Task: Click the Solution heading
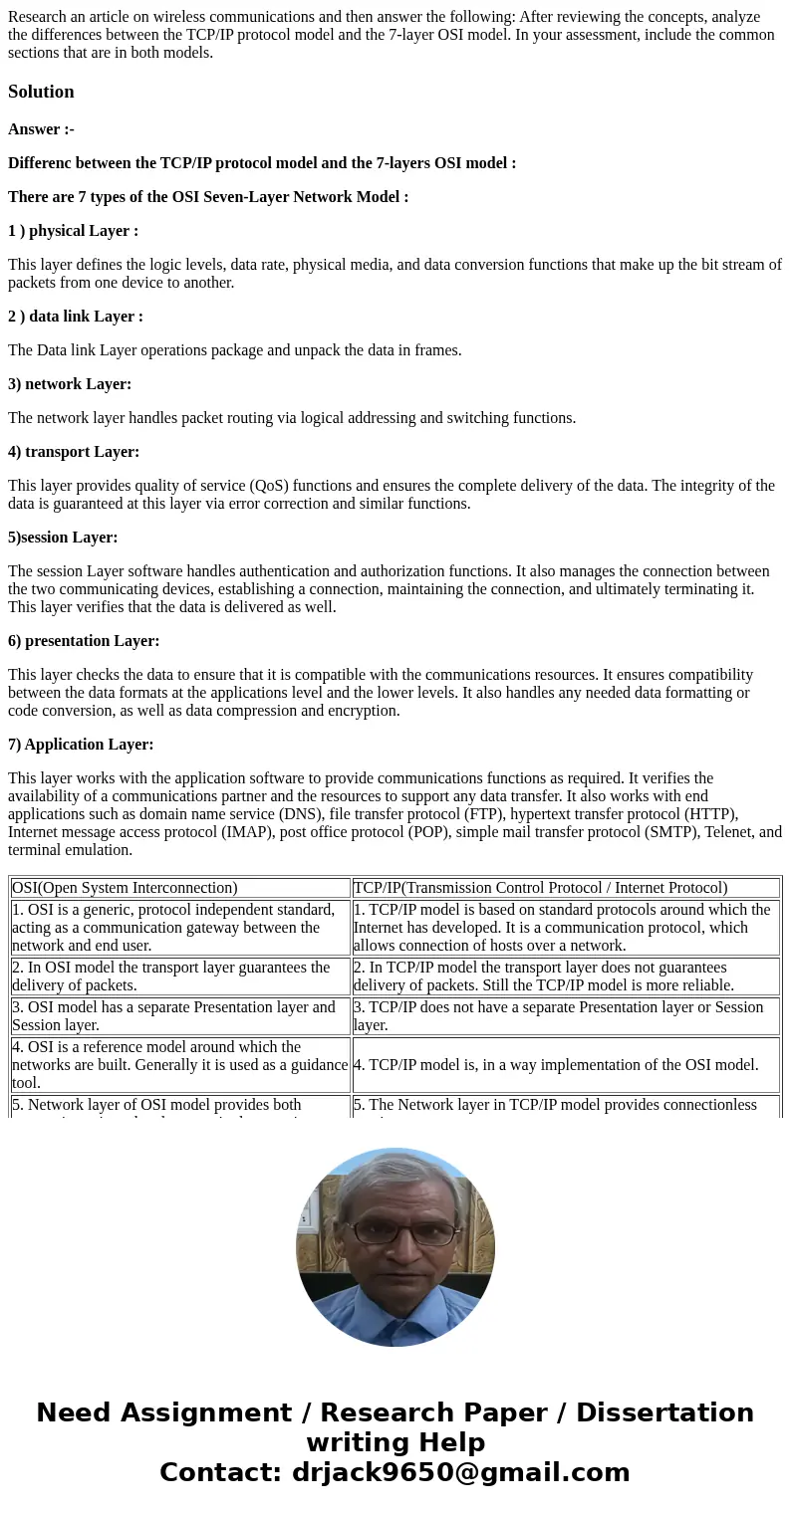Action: click(x=41, y=92)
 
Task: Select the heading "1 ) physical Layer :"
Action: click(x=73, y=231)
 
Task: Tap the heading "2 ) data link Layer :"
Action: click(x=76, y=317)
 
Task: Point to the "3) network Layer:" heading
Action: click(x=70, y=384)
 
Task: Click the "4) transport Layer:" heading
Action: click(x=74, y=452)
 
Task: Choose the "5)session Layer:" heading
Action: click(x=63, y=538)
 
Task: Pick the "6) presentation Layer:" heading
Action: click(x=84, y=641)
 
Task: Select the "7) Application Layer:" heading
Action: click(x=81, y=745)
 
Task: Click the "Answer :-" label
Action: click(x=41, y=129)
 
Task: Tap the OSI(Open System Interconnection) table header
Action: click(x=125, y=888)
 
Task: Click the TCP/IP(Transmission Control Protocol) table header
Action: click(x=540, y=888)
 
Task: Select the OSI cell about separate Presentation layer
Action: click(x=179, y=1015)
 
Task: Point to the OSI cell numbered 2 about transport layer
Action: click(x=179, y=975)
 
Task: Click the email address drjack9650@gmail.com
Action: click(x=460, y=1472)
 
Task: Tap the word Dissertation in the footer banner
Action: click(x=664, y=1412)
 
